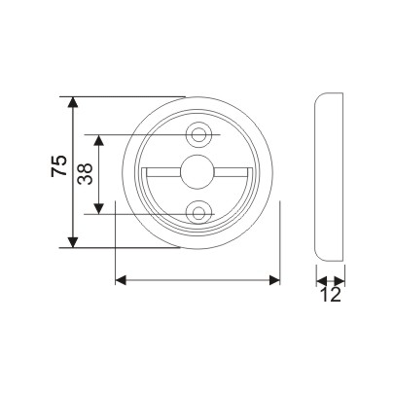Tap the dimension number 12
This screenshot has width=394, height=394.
pos(331,295)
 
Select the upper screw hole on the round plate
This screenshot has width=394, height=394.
pos(199,132)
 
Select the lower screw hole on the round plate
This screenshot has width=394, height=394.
pos(199,210)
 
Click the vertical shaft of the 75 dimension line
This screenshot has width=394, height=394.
pos(73,195)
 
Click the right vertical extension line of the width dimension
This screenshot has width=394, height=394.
pos(280,243)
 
